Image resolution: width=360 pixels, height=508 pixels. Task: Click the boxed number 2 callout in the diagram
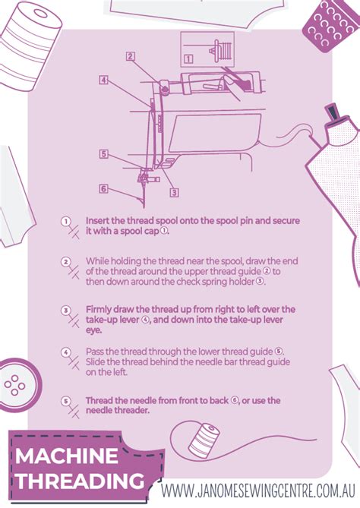click(131, 55)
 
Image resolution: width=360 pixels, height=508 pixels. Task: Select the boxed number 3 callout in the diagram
click(174, 192)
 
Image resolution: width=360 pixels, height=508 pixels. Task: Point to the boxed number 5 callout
click(103, 153)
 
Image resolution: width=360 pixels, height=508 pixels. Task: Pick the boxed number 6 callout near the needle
click(103, 188)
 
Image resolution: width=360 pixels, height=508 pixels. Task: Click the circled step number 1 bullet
click(66, 221)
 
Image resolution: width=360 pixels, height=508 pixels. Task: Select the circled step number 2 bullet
click(66, 262)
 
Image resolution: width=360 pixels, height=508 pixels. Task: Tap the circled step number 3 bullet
click(66, 310)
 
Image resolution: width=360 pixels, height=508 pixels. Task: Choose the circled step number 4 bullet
click(66, 352)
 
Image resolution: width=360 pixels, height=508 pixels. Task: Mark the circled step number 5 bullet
click(66, 400)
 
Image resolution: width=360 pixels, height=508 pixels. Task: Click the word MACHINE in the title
click(67, 457)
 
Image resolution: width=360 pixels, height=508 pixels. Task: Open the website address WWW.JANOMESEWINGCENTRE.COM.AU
click(260, 490)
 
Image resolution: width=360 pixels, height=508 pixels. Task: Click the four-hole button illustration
click(14, 386)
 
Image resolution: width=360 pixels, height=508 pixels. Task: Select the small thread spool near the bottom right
click(204, 441)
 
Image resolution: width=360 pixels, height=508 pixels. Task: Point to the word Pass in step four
click(96, 352)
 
